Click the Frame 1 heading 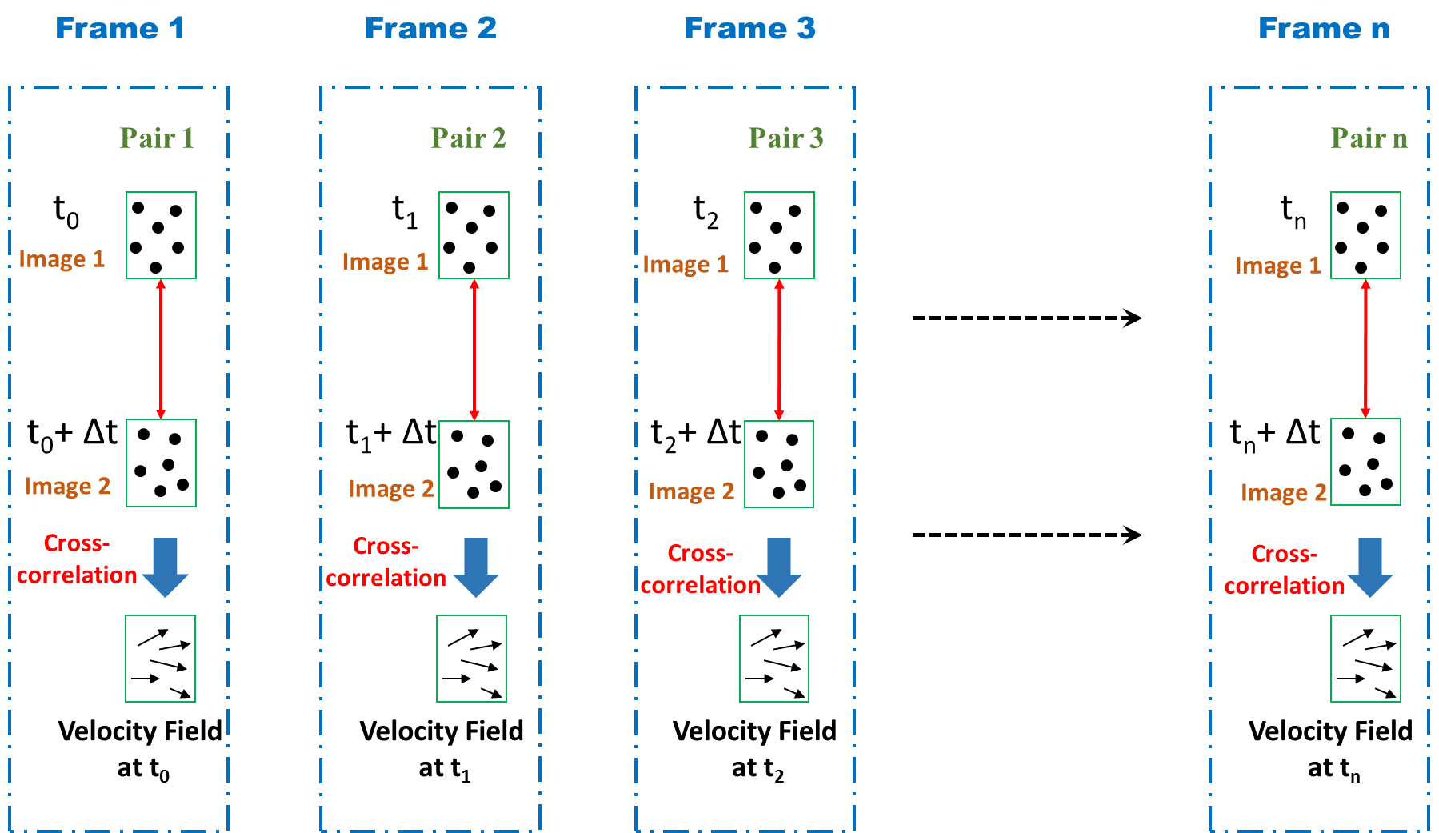click(120, 29)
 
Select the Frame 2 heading click(430, 29)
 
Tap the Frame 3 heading click(749, 29)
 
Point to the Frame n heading click(1324, 29)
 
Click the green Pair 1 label click(157, 138)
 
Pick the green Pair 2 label click(468, 138)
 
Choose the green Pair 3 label click(785, 138)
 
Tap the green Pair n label click(1369, 138)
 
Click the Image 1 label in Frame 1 click(62, 259)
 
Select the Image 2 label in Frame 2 click(391, 489)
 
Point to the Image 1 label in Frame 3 click(686, 265)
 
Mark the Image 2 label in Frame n click(1283, 493)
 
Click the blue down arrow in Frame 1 click(165, 567)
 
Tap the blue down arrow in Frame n click(1370, 567)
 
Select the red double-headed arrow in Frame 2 click(474, 350)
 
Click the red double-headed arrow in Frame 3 click(779, 350)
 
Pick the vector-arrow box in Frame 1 click(161, 659)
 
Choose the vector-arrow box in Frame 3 click(774, 659)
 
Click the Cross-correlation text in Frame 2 click(386, 563)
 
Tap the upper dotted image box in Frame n click(1365, 235)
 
